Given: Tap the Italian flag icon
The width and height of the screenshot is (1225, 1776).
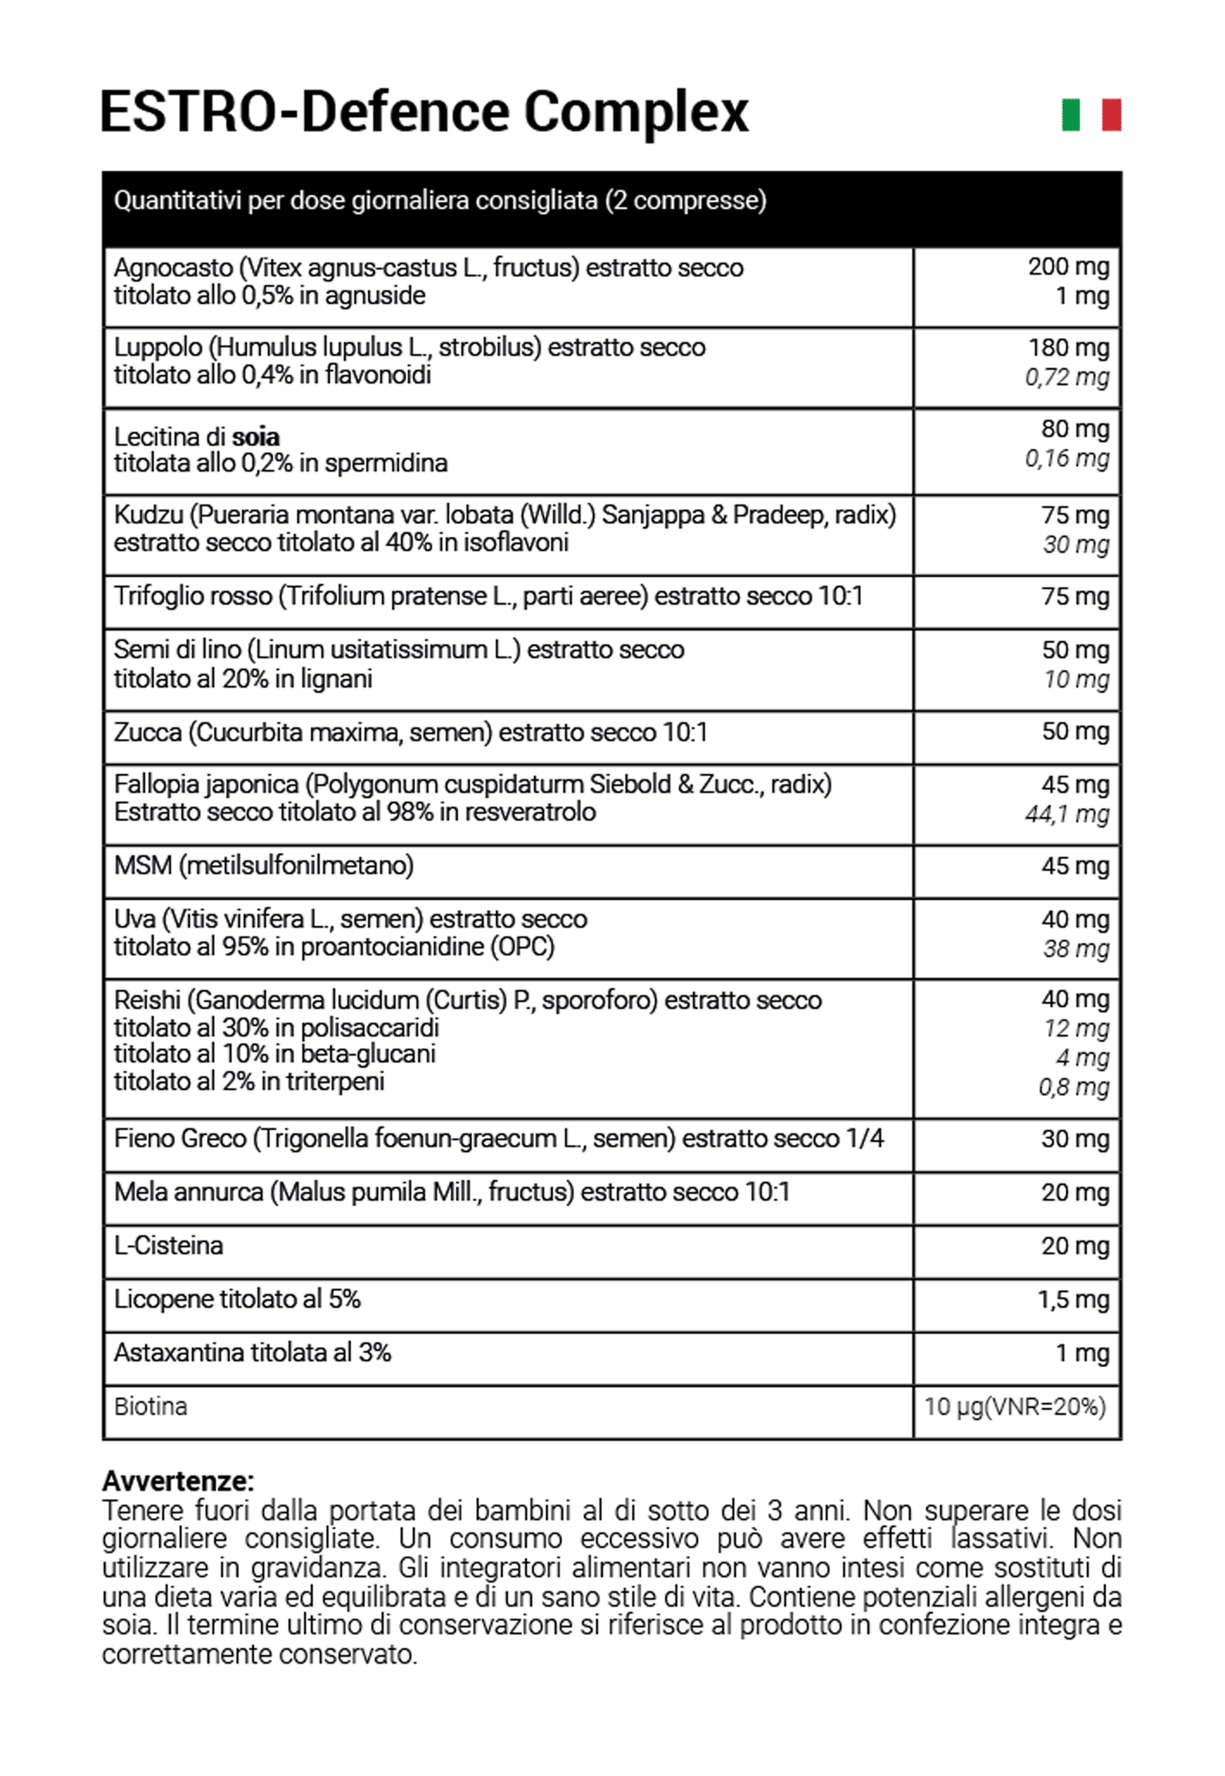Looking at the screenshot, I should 1091,115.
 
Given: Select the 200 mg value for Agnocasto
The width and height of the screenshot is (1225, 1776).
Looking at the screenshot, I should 1068,267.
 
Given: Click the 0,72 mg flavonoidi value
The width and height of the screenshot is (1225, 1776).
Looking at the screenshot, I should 1067,377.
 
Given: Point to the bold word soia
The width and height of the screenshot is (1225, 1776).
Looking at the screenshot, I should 256,437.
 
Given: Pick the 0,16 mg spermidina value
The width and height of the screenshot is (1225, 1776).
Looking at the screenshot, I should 1067,459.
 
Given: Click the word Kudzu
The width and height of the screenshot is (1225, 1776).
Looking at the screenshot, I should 149,516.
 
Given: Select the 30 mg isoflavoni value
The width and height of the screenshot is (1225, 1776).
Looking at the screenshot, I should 1076,545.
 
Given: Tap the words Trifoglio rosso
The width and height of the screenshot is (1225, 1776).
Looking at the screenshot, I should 193,597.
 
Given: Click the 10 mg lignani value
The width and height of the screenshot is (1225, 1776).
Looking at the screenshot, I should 1076,680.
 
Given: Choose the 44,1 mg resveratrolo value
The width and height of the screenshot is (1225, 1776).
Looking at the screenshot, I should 1067,815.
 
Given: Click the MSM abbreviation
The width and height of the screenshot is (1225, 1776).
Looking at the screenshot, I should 143,866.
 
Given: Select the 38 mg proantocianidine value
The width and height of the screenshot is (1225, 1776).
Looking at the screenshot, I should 1076,949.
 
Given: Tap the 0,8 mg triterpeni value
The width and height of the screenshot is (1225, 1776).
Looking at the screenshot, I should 1074,1088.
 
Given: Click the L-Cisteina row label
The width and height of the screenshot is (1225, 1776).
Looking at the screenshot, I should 168,1246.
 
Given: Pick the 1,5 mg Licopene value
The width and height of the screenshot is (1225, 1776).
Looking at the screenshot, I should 1073,1300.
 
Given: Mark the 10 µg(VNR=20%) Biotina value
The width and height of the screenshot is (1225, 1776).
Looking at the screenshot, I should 1015,1407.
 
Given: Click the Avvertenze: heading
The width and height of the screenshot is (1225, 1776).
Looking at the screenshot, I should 178,1481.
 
